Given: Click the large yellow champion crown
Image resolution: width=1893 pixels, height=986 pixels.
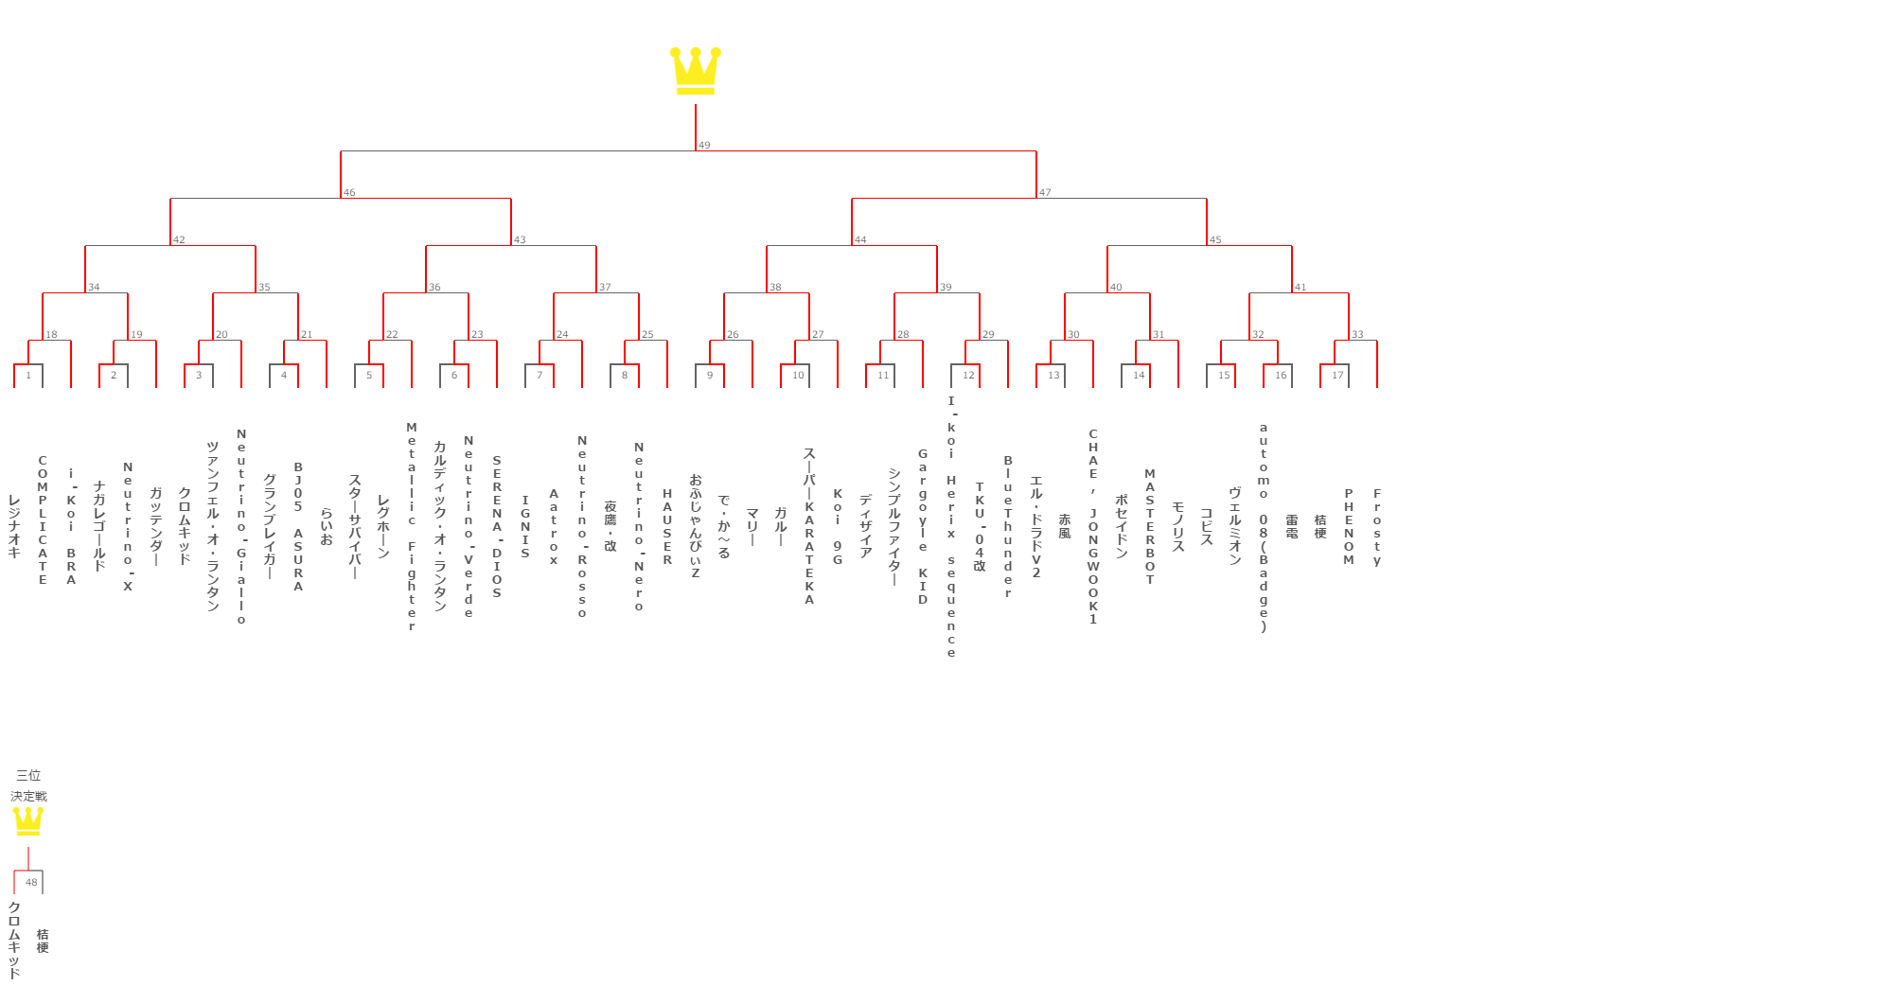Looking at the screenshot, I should click(x=696, y=71).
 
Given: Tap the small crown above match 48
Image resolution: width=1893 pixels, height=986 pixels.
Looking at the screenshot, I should click(x=28, y=820).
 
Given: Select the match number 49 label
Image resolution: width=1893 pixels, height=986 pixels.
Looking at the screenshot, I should click(x=704, y=146).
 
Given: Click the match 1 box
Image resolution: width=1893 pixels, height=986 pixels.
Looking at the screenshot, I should click(x=28, y=375).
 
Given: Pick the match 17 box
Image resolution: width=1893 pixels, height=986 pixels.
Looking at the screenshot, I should click(x=1337, y=375).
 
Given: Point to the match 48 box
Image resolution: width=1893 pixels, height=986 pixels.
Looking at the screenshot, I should click(x=31, y=882).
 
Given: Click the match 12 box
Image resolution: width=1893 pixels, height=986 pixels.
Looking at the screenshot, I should click(x=967, y=375).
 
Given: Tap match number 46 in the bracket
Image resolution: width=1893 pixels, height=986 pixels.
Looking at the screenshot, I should click(x=349, y=193).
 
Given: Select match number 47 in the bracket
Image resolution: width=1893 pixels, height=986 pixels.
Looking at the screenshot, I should click(x=1045, y=193).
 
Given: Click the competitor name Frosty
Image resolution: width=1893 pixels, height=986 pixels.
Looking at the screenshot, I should click(x=1377, y=527).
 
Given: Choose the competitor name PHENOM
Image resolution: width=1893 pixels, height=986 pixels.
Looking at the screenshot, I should click(x=1349, y=527).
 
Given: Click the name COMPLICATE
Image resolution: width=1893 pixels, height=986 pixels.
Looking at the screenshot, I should click(x=43, y=519).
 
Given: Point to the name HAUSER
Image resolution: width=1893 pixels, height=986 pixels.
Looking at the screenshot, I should click(x=667, y=527).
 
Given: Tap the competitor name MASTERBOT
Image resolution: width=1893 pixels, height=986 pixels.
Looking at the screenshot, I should click(x=1150, y=526).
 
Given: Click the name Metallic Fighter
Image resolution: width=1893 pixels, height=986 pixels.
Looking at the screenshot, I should click(x=412, y=527).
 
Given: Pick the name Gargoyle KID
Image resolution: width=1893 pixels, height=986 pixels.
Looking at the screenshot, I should click(x=923, y=526).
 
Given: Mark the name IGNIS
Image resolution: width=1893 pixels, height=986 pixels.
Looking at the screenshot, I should click(x=525, y=527).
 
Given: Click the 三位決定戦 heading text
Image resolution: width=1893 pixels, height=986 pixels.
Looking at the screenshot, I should click(x=28, y=785).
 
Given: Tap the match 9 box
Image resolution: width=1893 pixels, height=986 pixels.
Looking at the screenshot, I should click(x=710, y=375).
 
